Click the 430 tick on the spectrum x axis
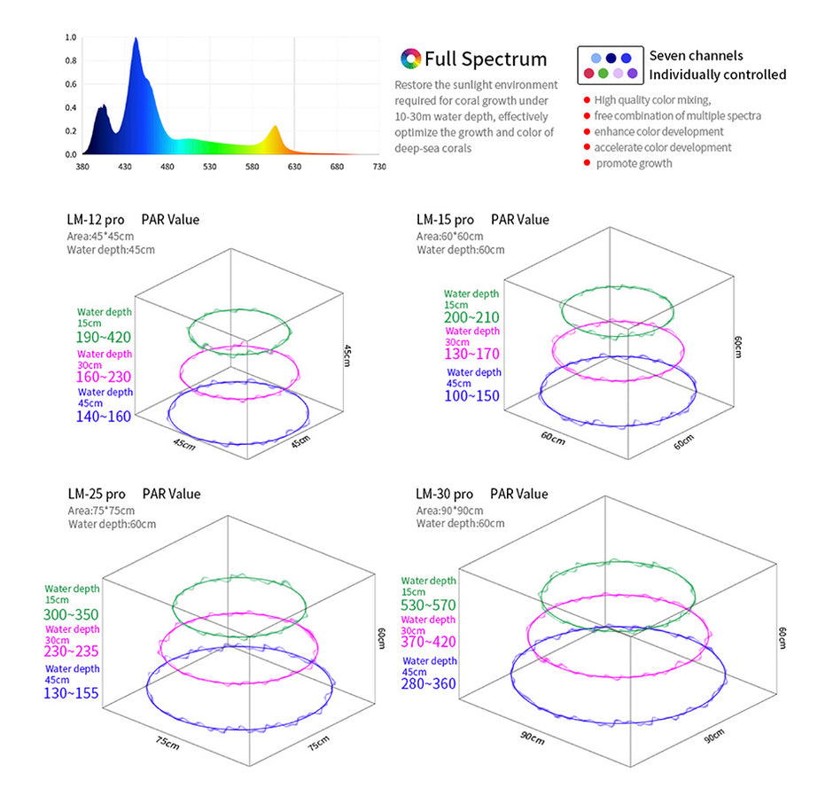(x=125, y=166)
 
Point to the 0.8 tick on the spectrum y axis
(x=71, y=61)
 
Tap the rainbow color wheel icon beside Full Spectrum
(x=410, y=59)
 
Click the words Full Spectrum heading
(x=486, y=59)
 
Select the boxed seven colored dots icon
(x=609, y=65)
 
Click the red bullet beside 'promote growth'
(x=587, y=164)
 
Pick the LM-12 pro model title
(x=96, y=219)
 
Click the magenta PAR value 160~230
(x=105, y=377)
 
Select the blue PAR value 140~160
(x=105, y=417)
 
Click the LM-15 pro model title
(x=445, y=219)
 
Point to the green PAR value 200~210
(x=472, y=317)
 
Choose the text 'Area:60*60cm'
(x=450, y=236)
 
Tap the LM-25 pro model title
(x=97, y=494)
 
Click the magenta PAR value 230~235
(x=72, y=651)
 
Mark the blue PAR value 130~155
(x=72, y=692)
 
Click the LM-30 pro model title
(x=445, y=494)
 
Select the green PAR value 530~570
(x=429, y=605)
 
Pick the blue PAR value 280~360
(x=429, y=683)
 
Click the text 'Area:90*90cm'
(x=450, y=511)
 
